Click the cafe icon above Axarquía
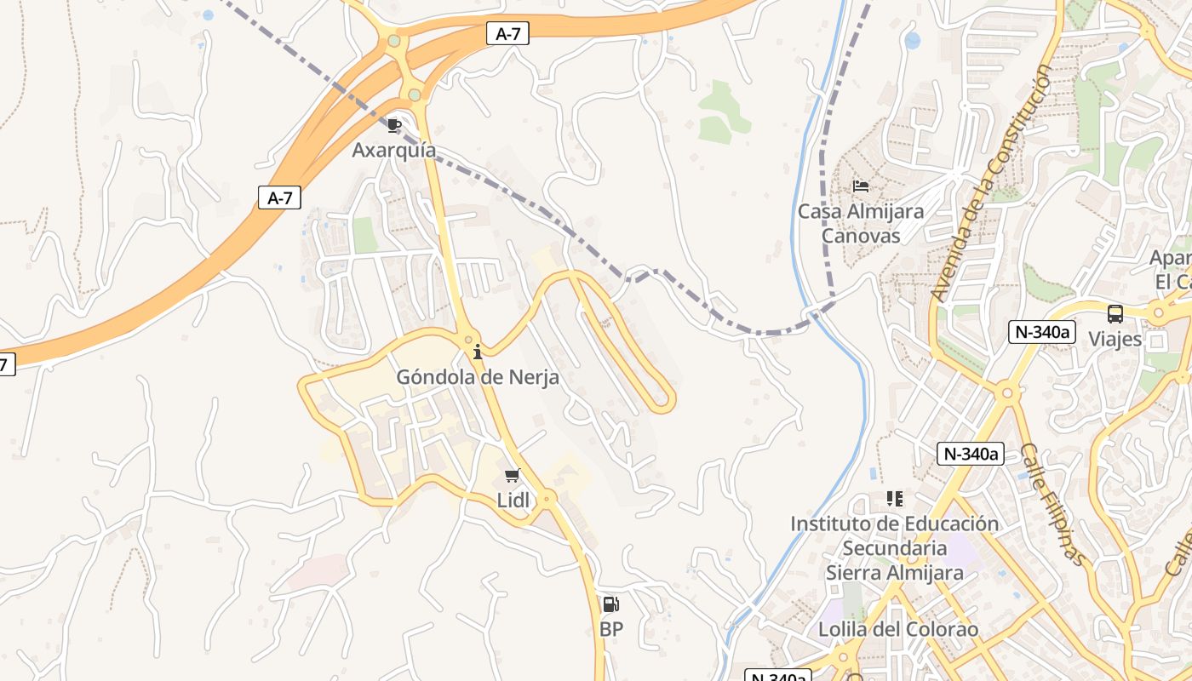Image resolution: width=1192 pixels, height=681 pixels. click(394, 126)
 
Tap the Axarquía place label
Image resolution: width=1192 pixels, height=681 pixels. click(394, 151)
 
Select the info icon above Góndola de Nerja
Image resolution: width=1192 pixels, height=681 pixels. click(478, 351)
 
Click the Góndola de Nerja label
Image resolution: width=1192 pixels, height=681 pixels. click(478, 376)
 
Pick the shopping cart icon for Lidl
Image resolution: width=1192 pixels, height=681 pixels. click(512, 476)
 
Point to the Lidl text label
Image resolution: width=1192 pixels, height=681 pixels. click(513, 501)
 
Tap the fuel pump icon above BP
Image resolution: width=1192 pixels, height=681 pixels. click(610, 604)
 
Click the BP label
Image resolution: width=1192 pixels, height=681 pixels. click(611, 630)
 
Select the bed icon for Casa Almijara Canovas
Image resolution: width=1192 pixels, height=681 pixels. click(861, 186)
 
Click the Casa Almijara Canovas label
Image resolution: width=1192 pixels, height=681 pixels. click(861, 223)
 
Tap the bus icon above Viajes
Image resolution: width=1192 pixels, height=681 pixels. click(1115, 313)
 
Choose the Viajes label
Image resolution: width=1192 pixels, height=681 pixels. click(1115, 339)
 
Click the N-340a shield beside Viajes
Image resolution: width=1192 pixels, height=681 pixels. click(1040, 332)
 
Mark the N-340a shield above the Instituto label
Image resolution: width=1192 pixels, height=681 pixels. click(971, 454)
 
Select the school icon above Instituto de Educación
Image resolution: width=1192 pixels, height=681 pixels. click(894, 498)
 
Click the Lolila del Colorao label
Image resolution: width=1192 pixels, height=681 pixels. click(898, 630)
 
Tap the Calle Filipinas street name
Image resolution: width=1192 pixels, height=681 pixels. click(1054, 504)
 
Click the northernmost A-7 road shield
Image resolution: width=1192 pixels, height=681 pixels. click(507, 34)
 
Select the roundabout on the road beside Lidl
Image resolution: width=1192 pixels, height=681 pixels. click(548, 497)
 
